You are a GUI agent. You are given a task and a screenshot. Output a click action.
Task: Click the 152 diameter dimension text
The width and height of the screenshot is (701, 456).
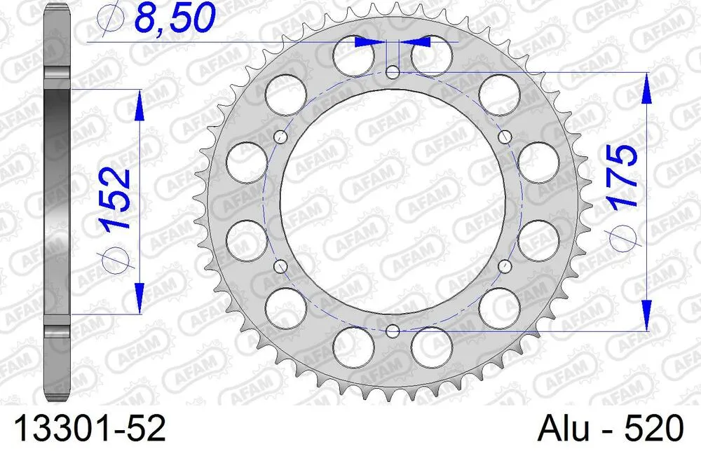tap(115, 200)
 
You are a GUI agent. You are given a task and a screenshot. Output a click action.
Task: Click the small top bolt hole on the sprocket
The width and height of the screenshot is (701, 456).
tap(393, 71)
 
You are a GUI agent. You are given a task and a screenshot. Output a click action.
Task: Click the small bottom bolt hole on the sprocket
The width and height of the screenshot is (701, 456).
tap(393, 330)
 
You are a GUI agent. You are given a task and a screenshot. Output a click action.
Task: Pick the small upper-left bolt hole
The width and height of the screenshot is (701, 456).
tap(281, 137)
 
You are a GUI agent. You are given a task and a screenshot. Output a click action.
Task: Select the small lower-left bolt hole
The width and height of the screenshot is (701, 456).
tap(281, 265)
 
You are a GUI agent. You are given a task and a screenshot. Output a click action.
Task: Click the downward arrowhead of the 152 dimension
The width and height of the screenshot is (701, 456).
tap(138, 298)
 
